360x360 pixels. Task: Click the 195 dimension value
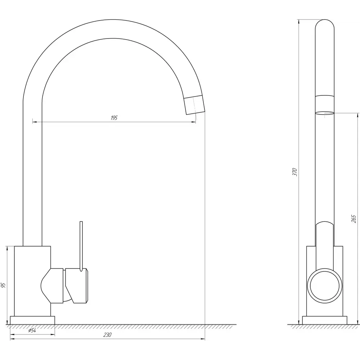[114, 118]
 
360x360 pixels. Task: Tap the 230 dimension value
[107, 335]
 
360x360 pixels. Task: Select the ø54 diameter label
[32, 330]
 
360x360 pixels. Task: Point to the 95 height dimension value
[3, 285]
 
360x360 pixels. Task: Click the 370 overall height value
[295, 172]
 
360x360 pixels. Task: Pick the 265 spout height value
[354, 219]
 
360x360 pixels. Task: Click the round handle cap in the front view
[325, 286]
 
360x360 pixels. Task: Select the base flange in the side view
[325, 320]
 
